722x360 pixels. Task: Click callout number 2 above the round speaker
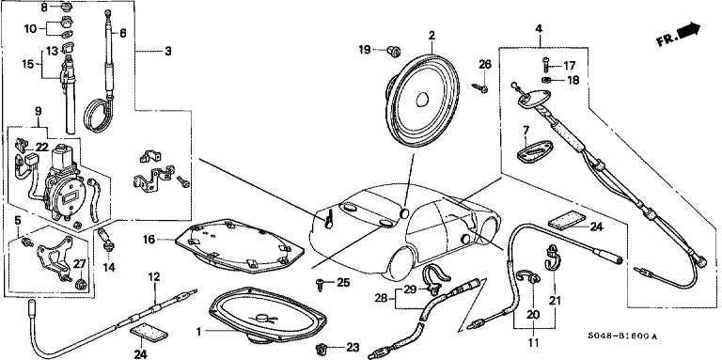[432, 35]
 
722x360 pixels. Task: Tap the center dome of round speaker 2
[421, 100]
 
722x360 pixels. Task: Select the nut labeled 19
[393, 51]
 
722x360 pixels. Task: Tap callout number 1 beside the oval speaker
[199, 332]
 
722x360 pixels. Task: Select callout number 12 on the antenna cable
[154, 276]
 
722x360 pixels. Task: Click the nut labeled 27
[82, 283]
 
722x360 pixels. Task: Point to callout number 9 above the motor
[38, 111]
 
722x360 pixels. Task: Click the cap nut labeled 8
[66, 7]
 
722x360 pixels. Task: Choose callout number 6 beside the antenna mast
[122, 33]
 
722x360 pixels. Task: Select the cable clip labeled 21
[552, 258]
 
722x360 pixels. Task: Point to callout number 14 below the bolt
[109, 267]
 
